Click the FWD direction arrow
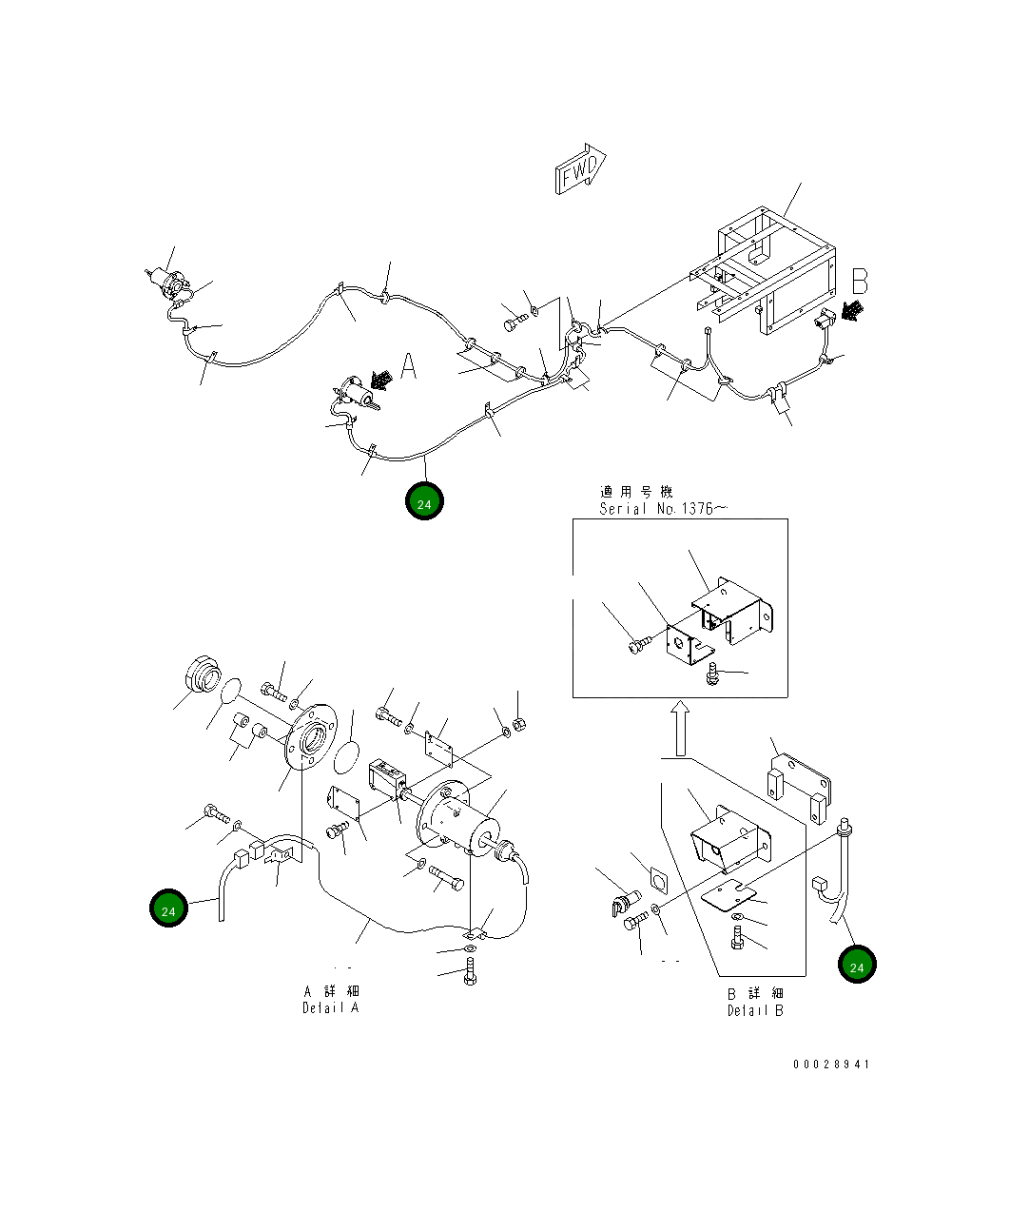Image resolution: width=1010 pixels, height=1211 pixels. point(580,170)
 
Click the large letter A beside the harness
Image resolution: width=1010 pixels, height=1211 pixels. point(408,366)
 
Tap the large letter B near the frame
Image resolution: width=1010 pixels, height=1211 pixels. point(859,281)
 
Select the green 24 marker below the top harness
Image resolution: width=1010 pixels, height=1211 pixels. point(424,502)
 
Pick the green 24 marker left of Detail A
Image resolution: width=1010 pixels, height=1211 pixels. point(168,909)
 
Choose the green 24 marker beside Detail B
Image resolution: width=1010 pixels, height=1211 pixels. point(856,965)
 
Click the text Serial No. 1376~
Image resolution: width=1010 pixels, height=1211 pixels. point(662,509)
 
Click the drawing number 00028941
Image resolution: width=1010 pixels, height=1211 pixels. point(831,1065)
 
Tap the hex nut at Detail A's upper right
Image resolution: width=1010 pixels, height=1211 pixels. point(519,726)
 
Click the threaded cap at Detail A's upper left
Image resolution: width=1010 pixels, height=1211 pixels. point(203,677)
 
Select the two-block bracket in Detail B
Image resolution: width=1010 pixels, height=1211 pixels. point(799,787)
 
